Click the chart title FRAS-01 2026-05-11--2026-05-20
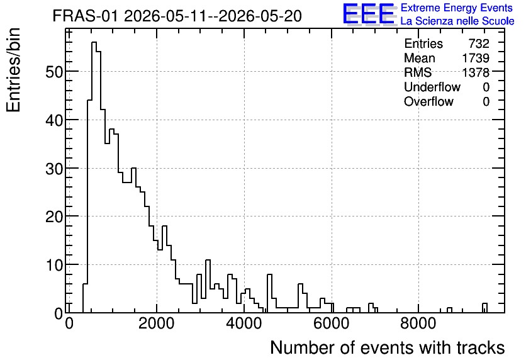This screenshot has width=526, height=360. [177, 16]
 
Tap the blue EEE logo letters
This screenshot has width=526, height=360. [369, 14]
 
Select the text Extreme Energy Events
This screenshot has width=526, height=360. [457, 8]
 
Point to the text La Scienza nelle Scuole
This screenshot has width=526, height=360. [457, 21]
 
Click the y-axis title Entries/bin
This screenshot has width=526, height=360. [14, 70]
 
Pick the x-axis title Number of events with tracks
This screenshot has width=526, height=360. [388, 347]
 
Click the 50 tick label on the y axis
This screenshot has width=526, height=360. [54, 72]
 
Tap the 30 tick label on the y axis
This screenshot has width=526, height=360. [54, 169]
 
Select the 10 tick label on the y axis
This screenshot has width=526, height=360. [54, 265]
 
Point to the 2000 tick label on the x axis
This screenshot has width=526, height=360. [156, 323]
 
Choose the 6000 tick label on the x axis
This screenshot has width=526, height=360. [332, 323]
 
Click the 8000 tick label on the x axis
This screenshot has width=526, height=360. [418, 323]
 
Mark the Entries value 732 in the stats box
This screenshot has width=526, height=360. [479, 43]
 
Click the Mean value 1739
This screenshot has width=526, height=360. [476, 58]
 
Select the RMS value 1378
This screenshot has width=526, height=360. [476, 72]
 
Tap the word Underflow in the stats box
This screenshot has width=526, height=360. [432, 87]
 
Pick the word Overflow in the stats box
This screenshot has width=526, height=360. [428, 101]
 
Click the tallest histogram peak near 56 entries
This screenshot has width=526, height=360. [94, 42]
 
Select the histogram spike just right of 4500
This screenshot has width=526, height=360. [269, 275]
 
